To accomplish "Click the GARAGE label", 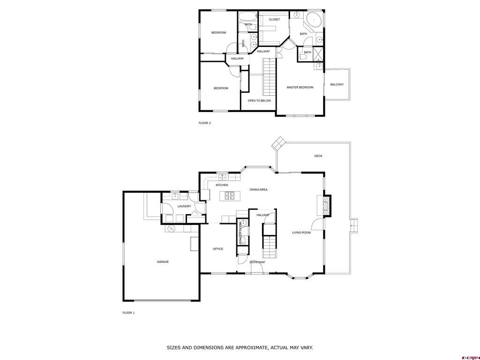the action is click(x=163, y=262).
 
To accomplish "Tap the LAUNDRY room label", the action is click(x=184, y=206).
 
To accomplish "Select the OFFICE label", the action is click(x=218, y=249).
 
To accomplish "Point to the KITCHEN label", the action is click(x=222, y=185).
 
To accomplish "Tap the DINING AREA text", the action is click(x=258, y=190).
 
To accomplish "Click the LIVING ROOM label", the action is click(x=301, y=232).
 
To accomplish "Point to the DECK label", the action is click(x=318, y=156).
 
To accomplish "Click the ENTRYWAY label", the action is click(x=257, y=262).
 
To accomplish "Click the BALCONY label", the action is click(x=337, y=84).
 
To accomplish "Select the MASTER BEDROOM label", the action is click(x=300, y=88).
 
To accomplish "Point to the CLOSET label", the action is click(x=274, y=20).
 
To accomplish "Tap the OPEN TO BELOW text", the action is click(x=259, y=101).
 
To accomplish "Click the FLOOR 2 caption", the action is click(x=205, y=123).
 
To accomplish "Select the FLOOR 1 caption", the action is click(x=128, y=313).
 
